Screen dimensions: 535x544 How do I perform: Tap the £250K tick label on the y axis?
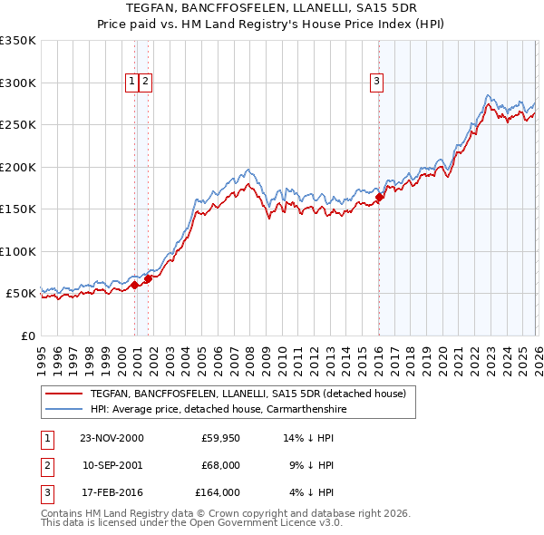18,125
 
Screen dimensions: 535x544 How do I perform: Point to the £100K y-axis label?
18,251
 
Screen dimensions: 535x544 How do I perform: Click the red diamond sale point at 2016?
379,197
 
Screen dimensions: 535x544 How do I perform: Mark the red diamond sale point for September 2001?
149,278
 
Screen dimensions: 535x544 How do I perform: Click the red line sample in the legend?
63,394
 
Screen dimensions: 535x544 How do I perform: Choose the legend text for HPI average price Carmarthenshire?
219,410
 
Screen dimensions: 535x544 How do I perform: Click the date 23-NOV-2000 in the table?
112,438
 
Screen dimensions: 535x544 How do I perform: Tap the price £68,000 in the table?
220,465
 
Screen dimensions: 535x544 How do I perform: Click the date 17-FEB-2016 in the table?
112,492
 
